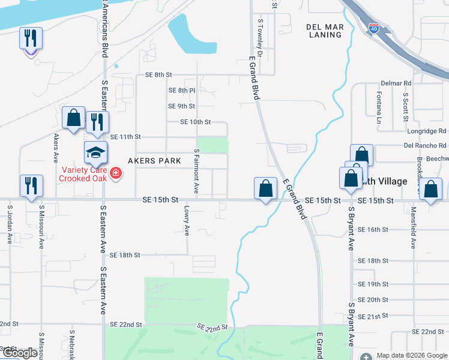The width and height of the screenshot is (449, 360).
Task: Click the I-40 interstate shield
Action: (x=373, y=28)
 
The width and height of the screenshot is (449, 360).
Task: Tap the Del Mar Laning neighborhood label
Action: (x=324, y=31)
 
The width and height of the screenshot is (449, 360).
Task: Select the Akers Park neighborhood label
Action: (x=154, y=161)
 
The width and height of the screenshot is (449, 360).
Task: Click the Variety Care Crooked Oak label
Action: (x=85, y=174)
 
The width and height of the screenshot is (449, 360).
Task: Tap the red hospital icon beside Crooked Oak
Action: (x=115, y=175)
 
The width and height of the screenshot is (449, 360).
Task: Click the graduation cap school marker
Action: (x=95, y=154)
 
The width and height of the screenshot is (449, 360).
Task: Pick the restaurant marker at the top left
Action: (x=31, y=39)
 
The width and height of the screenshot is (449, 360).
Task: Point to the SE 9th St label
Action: (x=181, y=106)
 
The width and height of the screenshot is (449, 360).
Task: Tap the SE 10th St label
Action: (x=196, y=122)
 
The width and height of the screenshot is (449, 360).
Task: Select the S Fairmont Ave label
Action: (x=196, y=171)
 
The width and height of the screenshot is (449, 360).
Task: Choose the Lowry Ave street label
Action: (x=187, y=221)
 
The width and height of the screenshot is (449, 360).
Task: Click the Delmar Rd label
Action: (x=398, y=83)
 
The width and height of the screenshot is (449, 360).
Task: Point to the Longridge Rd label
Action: (x=426, y=130)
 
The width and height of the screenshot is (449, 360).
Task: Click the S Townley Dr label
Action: (x=261, y=37)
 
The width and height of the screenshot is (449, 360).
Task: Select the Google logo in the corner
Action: (x=20, y=353)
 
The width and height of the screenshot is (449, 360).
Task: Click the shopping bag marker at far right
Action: (x=431, y=190)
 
